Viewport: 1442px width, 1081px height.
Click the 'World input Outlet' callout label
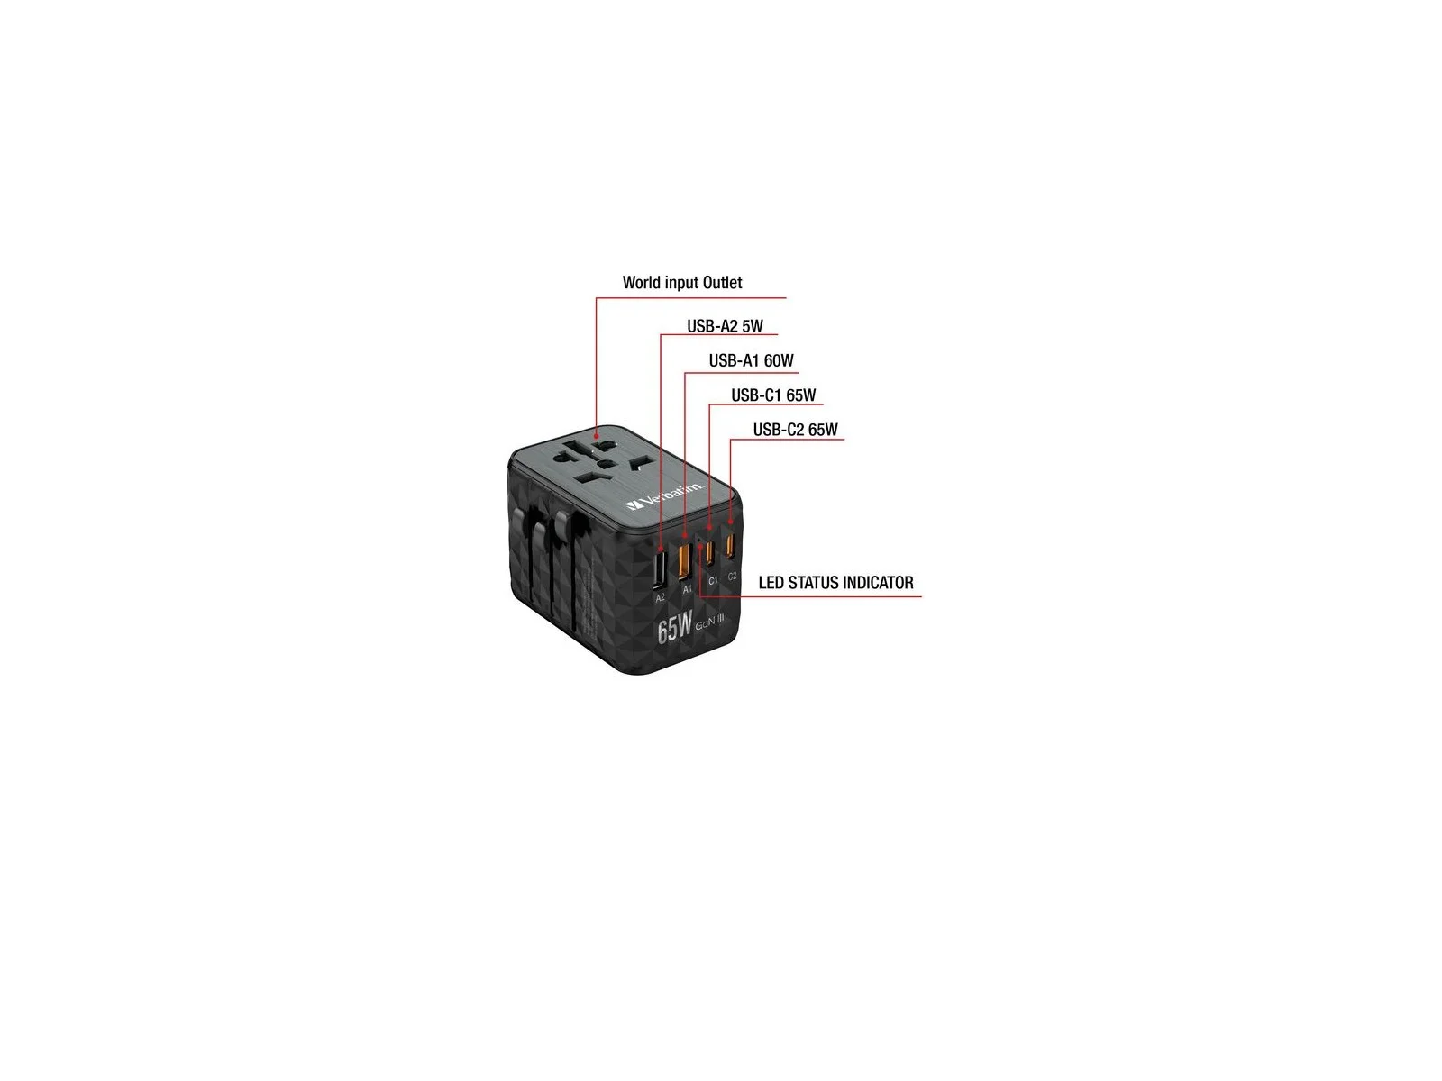pos(682,283)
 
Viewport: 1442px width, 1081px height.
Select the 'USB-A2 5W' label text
pos(725,326)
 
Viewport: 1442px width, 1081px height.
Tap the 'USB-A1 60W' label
pos(751,361)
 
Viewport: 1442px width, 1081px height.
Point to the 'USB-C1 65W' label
pos(773,395)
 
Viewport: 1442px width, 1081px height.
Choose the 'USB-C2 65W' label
pos(795,430)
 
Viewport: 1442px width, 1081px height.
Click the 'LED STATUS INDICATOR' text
pos(835,583)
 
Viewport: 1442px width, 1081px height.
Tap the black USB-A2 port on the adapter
pos(660,568)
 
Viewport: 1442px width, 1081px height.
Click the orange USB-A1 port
pos(684,559)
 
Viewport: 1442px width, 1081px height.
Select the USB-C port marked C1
pos(710,550)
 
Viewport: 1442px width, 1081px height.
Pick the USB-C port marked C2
pos(731,545)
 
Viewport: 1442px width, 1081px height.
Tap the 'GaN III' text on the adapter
pos(709,622)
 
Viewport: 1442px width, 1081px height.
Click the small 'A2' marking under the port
pos(660,597)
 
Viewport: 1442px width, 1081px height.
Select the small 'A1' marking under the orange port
pos(687,589)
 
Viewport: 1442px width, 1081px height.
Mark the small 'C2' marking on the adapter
pos(733,576)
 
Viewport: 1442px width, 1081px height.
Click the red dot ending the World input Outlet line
pos(596,436)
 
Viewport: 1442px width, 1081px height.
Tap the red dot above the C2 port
pos(730,522)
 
